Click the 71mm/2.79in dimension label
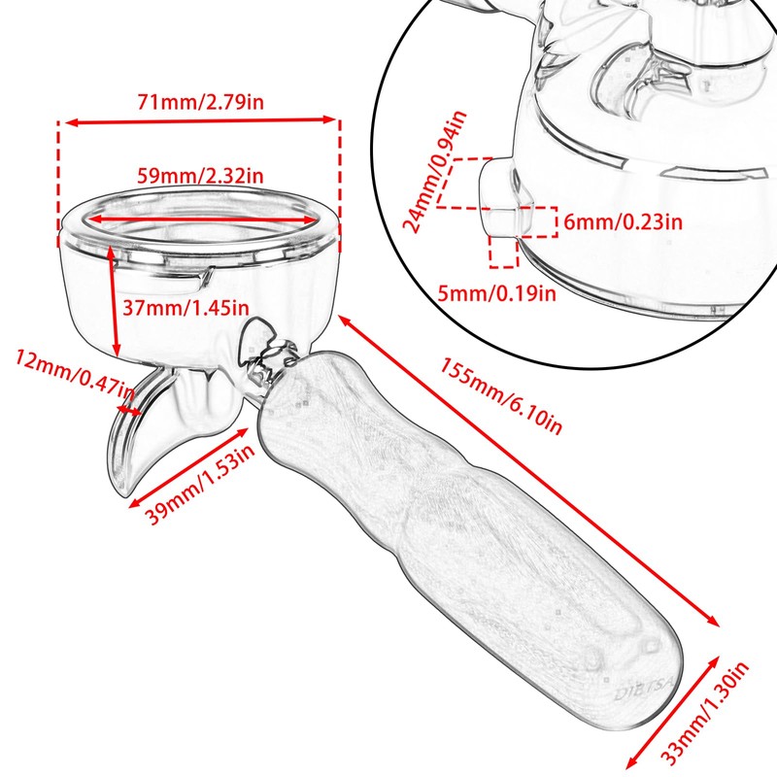[200, 102]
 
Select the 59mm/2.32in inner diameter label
[200, 176]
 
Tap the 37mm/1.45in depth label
[186, 308]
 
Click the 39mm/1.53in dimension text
[200, 484]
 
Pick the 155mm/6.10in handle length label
[501, 396]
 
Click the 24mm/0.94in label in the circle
[434, 172]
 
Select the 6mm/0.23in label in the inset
[623, 221]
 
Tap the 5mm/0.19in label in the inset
[496, 293]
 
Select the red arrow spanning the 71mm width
[200, 120]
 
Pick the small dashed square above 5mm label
[503, 252]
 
